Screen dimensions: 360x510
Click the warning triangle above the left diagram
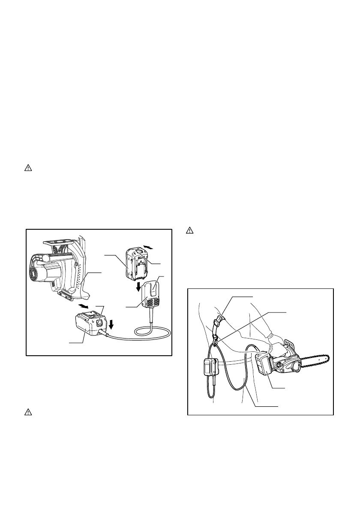pos(27,168)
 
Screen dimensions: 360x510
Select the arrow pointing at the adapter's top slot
pos(84,306)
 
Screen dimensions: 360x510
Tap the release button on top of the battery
pos(140,253)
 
